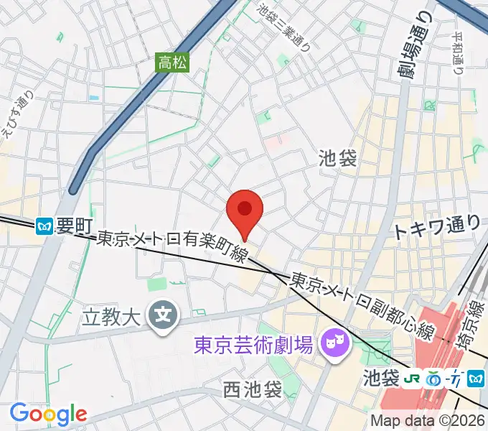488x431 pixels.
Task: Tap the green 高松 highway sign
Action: [x=173, y=62]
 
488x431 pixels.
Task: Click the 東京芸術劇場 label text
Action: [x=254, y=346]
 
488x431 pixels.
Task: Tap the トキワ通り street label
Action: [x=436, y=228]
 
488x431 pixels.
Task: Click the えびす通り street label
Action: [x=17, y=119]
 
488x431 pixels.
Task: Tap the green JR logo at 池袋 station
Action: [x=413, y=377]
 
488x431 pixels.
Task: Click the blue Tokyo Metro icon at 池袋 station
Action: [x=474, y=377]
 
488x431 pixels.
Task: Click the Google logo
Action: [x=47, y=413]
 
